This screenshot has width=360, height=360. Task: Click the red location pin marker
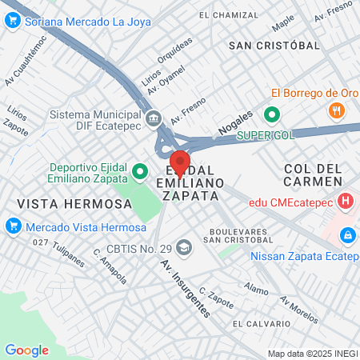pyautogui.click(x=180, y=162)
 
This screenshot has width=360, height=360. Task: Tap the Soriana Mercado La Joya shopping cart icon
pyautogui.click(x=12, y=22)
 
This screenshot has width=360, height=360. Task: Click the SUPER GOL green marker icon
pyautogui.click(x=271, y=114)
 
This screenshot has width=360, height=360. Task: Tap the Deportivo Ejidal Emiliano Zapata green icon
pyautogui.click(x=140, y=170)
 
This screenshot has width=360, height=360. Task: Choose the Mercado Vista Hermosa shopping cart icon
pyautogui.click(x=12, y=226)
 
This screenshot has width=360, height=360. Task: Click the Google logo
pyautogui.click(x=26, y=350)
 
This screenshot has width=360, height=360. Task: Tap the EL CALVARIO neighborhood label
pyautogui.click(x=262, y=323)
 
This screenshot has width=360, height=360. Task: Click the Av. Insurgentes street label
pyautogui.click(x=185, y=288)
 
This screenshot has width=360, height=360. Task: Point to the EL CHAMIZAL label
pyautogui.click(x=229, y=15)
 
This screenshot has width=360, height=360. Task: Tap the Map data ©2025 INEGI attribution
pyautogui.click(x=312, y=354)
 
